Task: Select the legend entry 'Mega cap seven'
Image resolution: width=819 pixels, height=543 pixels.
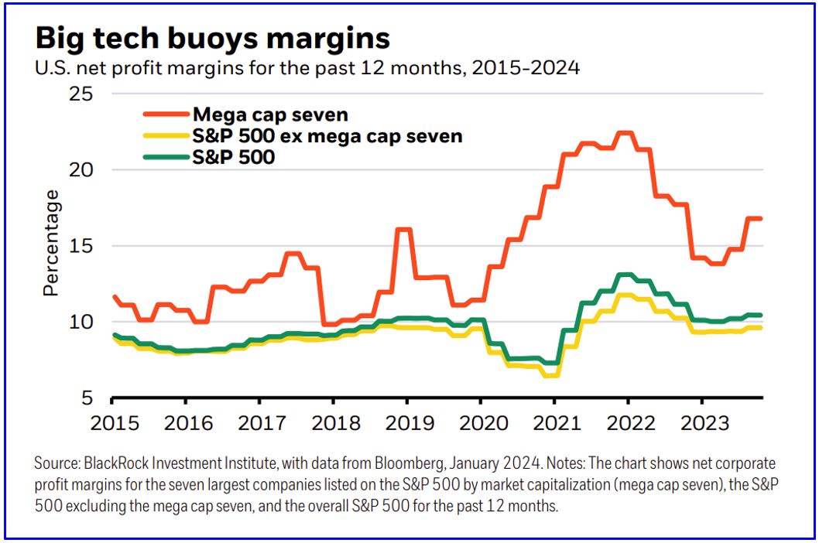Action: [x=270, y=114]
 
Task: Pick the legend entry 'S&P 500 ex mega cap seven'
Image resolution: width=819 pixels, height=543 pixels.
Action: [x=327, y=136]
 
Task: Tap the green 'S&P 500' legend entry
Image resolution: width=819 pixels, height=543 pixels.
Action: [x=234, y=157]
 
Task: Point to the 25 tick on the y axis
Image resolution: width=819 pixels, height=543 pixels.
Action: [x=76, y=94]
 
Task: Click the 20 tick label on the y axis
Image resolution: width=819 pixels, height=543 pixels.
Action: [x=76, y=170]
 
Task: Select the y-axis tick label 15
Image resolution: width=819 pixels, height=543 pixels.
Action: [x=76, y=246]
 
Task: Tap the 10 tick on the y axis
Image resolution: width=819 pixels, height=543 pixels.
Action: [x=76, y=322]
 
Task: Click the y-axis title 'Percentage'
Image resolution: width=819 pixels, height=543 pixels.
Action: [x=51, y=244]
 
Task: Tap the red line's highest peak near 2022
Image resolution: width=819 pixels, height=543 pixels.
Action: [x=624, y=133]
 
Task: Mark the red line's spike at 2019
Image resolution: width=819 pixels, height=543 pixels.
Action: [x=403, y=229]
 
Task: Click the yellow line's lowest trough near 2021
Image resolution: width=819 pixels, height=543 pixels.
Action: [x=551, y=376]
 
